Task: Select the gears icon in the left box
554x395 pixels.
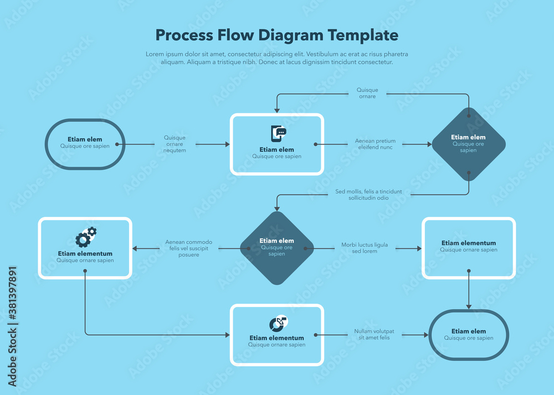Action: click(x=85, y=237)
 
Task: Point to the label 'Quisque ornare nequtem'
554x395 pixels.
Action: click(x=175, y=144)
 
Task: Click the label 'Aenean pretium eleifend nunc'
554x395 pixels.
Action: click(x=375, y=144)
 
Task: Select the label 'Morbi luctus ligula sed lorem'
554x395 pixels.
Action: click(x=365, y=248)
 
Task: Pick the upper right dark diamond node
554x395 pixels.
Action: click(x=469, y=144)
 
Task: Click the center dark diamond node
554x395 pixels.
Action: click(x=276, y=248)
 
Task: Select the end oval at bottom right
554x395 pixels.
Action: click(x=468, y=335)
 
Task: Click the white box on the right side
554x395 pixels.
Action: click(x=469, y=248)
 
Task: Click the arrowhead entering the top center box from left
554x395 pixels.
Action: click(x=227, y=144)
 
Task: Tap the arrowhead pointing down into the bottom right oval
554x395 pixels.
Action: click(x=469, y=306)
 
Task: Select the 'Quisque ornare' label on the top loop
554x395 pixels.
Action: click(x=367, y=93)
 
